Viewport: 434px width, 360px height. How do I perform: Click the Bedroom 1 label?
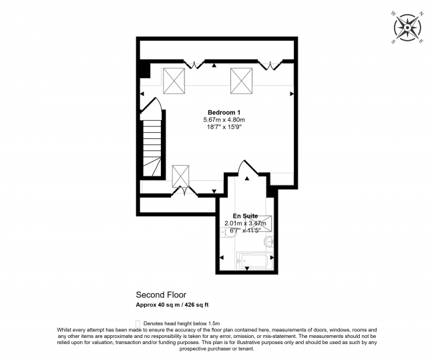coord(224,112)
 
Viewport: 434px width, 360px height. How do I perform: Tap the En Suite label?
coord(246,216)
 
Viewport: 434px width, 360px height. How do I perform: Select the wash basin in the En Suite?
coord(268,241)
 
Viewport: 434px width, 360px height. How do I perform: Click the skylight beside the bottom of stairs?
coord(181,175)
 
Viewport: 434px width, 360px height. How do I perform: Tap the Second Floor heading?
coord(161,294)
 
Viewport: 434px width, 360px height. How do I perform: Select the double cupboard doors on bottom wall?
coord(185,193)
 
